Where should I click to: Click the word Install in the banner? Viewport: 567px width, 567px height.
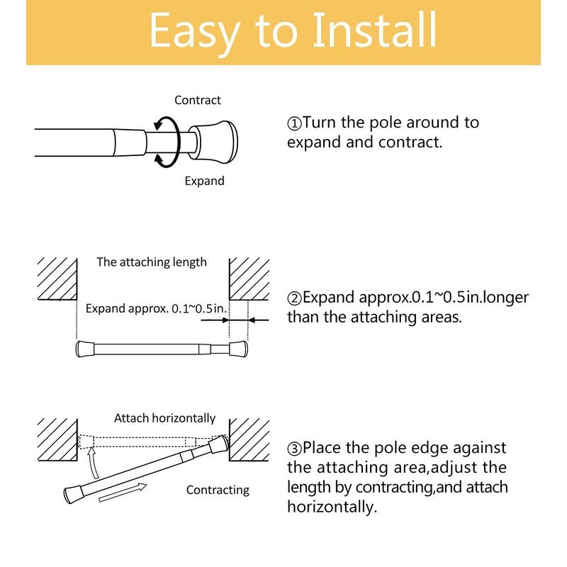[374, 30]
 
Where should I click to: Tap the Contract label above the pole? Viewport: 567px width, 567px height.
[198, 100]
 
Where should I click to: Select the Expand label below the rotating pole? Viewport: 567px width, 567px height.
[204, 181]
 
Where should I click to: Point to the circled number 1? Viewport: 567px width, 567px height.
[294, 123]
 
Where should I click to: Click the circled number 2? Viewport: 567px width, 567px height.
[294, 298]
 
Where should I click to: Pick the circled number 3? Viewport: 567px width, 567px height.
[294, 449]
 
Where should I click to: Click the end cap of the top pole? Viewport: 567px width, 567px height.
[213, 142]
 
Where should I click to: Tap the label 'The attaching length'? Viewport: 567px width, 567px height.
[152, 262]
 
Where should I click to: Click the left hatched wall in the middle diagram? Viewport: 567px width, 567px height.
[57, 279]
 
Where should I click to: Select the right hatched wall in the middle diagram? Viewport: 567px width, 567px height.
[249, 279]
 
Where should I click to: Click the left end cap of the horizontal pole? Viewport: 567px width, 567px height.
[85, 349]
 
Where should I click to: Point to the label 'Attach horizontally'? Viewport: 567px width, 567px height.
[164, 418]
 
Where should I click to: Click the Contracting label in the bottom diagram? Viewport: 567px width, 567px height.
[218, 490]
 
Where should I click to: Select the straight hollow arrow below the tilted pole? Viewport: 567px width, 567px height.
[123, 493]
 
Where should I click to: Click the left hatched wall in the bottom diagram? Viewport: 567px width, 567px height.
[57, 439]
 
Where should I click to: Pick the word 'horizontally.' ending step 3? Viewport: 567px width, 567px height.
[332, 507]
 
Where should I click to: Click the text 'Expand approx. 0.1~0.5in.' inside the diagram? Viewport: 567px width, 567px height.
[156, 308]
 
